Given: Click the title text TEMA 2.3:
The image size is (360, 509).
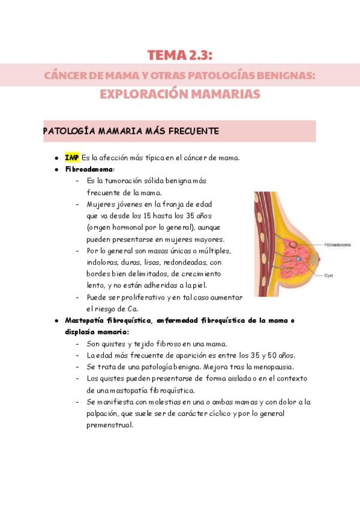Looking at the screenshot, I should click(180, 56).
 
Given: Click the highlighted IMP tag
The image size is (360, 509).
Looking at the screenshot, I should click(72, 158).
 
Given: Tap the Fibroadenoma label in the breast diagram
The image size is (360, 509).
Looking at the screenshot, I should click(338, 245).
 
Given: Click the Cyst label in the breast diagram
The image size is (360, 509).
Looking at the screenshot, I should click(328, 275).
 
